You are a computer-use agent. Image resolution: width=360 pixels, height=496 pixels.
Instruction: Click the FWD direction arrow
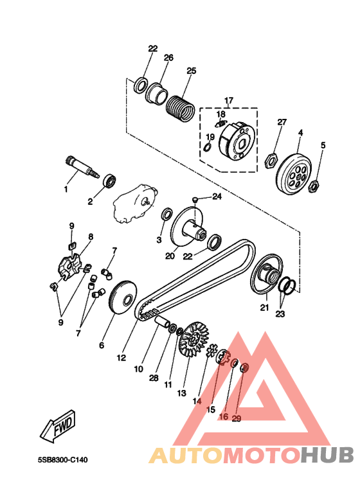coord(58,426)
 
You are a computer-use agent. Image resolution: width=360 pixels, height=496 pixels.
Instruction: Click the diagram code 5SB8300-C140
coord(63,459)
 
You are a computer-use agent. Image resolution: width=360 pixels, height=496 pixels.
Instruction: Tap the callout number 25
coord(191,71)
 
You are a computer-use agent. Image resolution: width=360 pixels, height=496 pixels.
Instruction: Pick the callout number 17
coord(229,101)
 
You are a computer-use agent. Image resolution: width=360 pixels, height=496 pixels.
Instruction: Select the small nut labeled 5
coord(314,186)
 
